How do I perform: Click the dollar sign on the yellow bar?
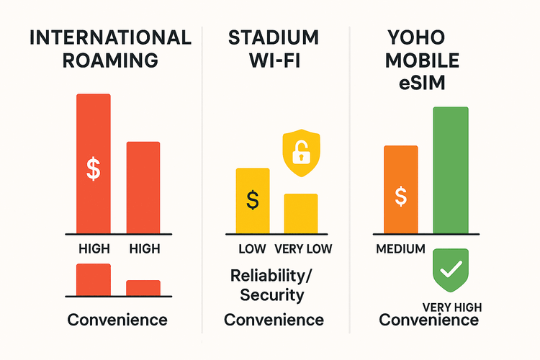253,199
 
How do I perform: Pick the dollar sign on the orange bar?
401,195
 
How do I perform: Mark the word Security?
272,294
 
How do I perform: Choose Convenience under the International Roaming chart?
117,320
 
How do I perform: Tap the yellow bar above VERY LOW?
300,213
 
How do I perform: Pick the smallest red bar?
143,287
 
